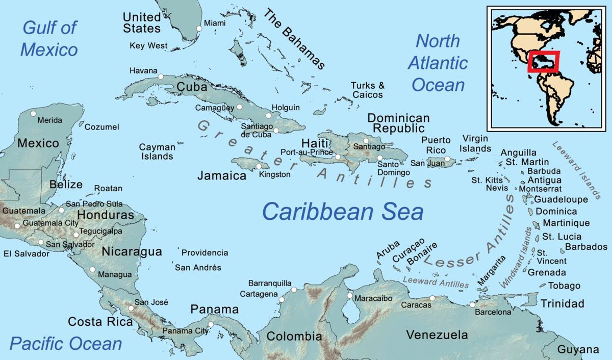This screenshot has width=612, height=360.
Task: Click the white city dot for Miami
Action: (199, 29)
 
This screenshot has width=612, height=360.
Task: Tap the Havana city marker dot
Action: (161, 76)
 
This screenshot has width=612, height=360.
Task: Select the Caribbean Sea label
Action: (343, 211)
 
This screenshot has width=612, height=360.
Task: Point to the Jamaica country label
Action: (222, 175)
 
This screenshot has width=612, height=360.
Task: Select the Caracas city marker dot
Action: (432, 298)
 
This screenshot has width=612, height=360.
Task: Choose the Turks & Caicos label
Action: (367, 90)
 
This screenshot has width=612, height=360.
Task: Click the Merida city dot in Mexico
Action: (34, 114)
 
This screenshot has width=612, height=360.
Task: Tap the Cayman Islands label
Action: (157, 151)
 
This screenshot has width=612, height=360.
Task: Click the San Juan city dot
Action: (447, 159)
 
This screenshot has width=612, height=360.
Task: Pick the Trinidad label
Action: (562, 304)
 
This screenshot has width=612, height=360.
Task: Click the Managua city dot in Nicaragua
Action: (92, 269)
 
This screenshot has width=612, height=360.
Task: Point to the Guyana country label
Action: (578, 350)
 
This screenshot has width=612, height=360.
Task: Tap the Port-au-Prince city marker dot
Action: (338, 157)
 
